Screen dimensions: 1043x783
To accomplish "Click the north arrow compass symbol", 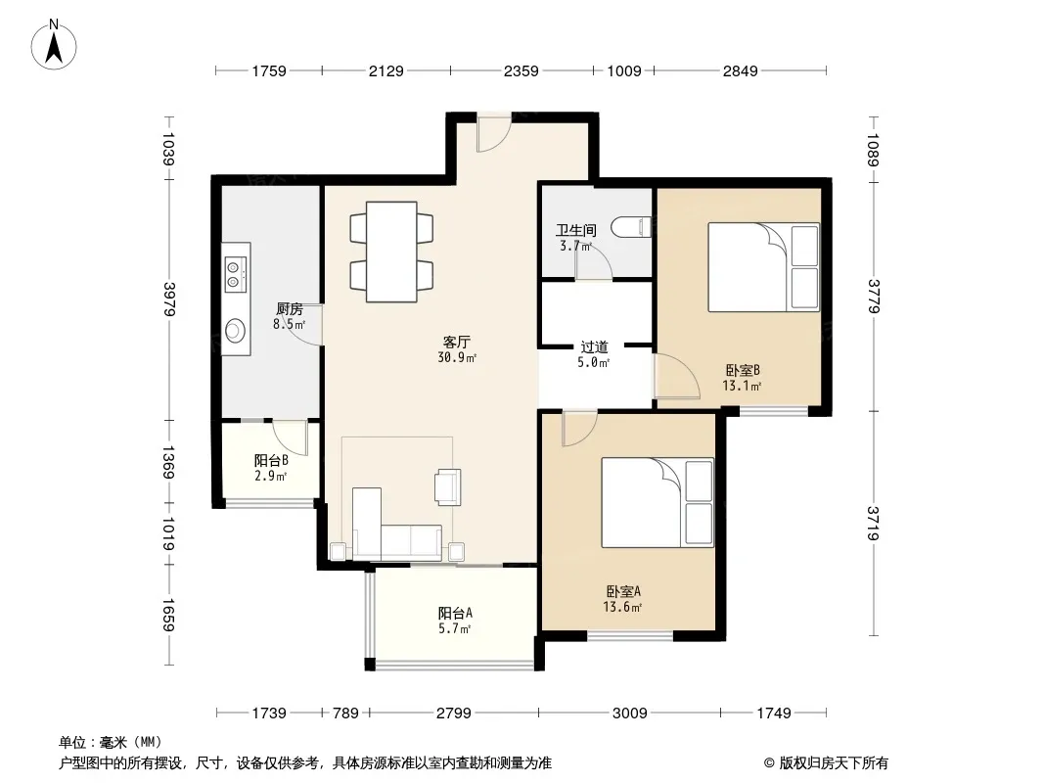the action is [x=54, y=45].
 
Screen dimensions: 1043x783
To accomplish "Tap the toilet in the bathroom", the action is [x=631, y=226].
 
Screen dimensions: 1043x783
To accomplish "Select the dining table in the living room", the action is [x=391, y=252].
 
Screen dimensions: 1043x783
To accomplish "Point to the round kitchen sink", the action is [x=235, y=330].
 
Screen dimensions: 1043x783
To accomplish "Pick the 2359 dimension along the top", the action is [x=521, y=70].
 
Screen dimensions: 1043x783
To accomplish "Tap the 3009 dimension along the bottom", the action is [x=629, y=714].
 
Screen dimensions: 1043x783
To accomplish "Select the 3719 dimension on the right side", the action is [x=873, y=523].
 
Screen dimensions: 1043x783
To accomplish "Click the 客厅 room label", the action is [x=456, y=342].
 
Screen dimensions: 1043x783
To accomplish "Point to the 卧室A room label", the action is [x=623, y=591].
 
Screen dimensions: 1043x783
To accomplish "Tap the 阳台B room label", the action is [x=271, y=460].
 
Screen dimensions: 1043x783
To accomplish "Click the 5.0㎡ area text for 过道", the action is [x=593, y=362].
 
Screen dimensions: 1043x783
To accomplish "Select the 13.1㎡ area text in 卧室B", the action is [x=742, y=386].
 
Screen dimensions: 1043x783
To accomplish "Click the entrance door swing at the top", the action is [x=493, y=133].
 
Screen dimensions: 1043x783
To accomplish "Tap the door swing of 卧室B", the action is [x=677, y=376].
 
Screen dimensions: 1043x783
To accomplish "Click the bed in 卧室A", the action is [x=658, y=502].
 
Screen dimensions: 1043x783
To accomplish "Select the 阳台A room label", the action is [x=455, y=614].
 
